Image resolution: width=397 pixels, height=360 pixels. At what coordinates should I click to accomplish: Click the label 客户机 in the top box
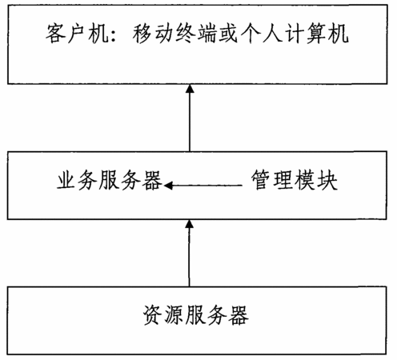(77, 34)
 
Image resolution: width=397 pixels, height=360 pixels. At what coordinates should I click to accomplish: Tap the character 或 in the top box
(228, 34)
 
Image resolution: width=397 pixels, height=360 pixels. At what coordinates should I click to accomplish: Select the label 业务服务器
(109, 181)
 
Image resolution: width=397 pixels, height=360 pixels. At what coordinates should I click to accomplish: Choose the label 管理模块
(295, 180)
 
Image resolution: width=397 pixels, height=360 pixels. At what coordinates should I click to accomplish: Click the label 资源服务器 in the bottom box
(196, 315)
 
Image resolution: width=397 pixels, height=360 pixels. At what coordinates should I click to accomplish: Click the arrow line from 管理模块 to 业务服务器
(203, 185)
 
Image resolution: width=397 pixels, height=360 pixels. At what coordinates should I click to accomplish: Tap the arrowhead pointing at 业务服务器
(168, 185)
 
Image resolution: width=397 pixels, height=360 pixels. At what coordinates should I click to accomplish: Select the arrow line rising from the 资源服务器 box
(190, 253)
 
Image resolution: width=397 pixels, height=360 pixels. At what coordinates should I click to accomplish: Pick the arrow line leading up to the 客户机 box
(190, 118)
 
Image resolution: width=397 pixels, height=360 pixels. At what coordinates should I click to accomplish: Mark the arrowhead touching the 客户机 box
(190, 89)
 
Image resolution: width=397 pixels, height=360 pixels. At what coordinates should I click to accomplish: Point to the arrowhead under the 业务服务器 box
(190, 224)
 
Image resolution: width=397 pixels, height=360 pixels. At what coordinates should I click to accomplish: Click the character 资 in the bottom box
(153, 315)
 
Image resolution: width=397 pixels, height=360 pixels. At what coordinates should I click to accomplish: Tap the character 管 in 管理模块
(262, 180)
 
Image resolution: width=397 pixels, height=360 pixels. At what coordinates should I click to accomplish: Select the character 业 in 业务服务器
(66, 181)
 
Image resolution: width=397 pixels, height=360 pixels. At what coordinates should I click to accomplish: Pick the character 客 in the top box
(55, 34)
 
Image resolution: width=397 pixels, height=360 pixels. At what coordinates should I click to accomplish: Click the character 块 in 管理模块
(327, 180)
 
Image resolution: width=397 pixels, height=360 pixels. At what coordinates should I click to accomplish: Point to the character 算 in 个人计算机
(317, 34)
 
